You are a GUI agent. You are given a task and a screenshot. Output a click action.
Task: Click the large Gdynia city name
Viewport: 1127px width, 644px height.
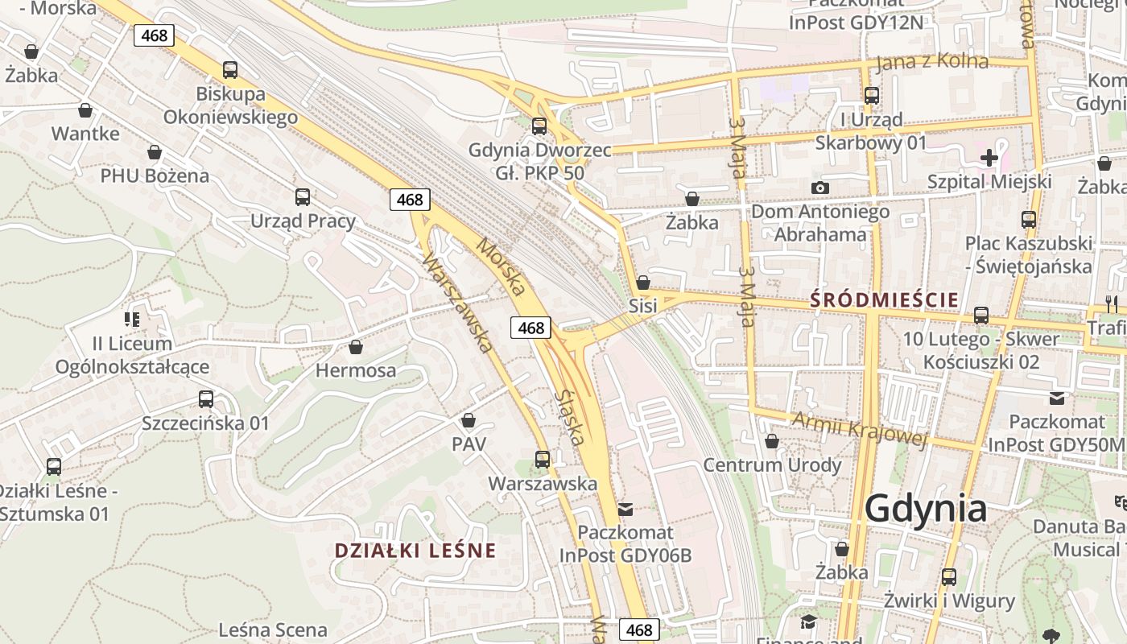click(x=926, y=509)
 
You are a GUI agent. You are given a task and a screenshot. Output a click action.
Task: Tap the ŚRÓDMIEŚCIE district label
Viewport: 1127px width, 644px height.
click(x=884, y=300)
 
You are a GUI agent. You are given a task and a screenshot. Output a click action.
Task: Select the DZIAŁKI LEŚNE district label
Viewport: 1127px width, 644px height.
click(x=415, y=551)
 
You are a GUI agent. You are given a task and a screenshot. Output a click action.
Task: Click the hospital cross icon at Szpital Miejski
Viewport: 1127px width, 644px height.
click(x=989, y=158)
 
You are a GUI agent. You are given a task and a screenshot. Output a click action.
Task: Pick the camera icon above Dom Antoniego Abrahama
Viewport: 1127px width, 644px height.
click(x=820, y=188)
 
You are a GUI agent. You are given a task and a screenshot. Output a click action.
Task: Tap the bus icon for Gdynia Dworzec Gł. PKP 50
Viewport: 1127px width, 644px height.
click(x=539, y=126)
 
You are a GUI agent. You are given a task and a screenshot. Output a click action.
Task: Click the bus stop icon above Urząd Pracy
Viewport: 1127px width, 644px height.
click(x=303, y=197)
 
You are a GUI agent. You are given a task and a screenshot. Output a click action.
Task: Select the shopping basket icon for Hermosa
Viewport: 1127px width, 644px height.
click(x=356, y=347)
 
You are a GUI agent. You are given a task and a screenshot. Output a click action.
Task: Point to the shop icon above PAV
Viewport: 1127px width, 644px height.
click(x=469, y=420)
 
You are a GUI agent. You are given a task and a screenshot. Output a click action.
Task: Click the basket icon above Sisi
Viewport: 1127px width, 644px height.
click(x=642, y=283)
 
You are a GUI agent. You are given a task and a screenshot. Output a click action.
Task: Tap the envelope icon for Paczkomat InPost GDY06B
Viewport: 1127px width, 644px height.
click(x=625, y=509)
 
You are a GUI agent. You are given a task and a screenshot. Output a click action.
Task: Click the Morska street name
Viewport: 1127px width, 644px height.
click(x=502, y=266)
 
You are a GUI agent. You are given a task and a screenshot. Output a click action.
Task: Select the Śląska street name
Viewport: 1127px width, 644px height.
click(x=569, y=418)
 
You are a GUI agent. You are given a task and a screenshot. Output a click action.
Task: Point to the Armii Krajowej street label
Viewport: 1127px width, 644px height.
click(x=860, y=427)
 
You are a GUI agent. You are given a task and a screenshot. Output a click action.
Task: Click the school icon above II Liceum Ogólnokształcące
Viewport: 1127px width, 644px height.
click(x=132, y=320)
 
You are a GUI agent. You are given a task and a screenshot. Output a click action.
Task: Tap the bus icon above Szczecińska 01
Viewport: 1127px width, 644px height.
click(x=206, y=398)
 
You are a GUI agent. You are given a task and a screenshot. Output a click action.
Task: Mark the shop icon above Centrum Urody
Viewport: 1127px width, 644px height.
click(x=772, y=441)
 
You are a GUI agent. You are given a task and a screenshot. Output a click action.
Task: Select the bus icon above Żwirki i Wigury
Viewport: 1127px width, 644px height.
click(x=949, y=577)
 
